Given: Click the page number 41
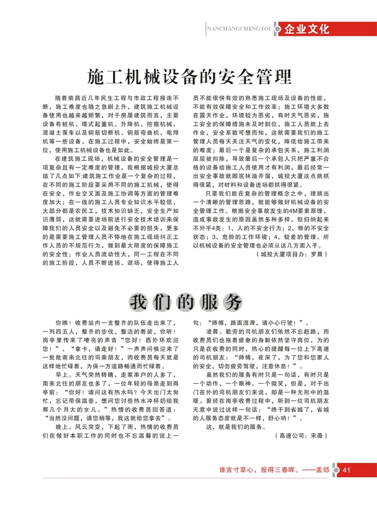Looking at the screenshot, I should (x=347, y=485).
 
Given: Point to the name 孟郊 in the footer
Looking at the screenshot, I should (x=327, y=485).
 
